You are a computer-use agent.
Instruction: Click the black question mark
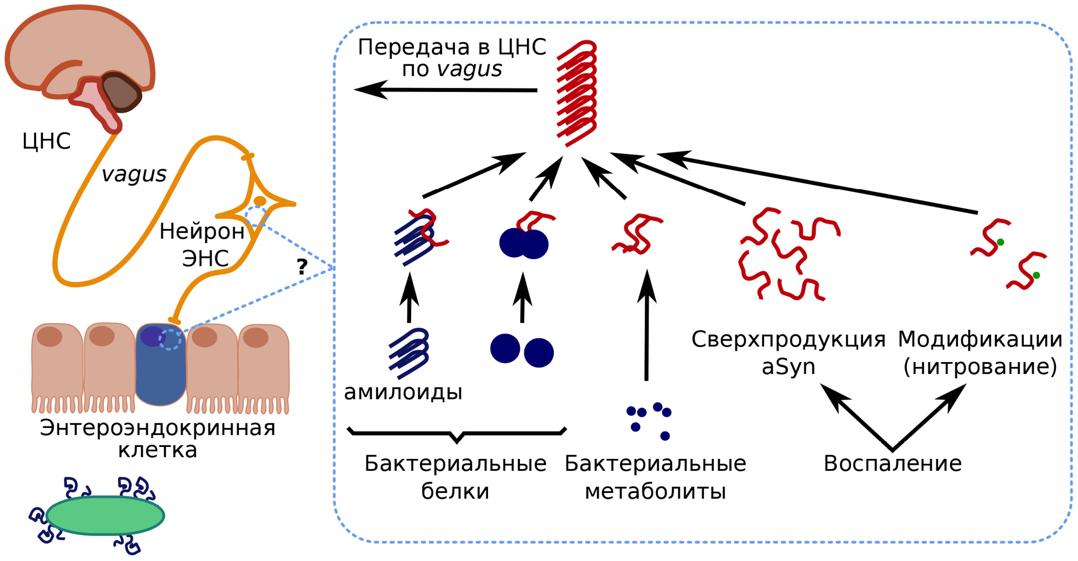pyautogui.click(x=302, y=266)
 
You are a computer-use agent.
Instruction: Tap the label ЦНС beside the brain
pyautogui.click(x=46, y=141)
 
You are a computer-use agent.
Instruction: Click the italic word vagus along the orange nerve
pyautogui.click(x=134, y=174)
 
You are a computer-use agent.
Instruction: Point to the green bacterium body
pyautogui.click(x=105, y=516)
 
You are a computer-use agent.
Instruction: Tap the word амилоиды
pyautogui.click(x=403, y=392)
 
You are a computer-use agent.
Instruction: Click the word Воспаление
pyautogui.click(x=892, y=464)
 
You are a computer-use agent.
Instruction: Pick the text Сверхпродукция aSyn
pyautogui.click(x=788, y=353)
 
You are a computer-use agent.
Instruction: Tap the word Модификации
pyautogui.click(x=980, y=339)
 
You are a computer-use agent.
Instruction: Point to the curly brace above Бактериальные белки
pyautogui.click(x=457, y=433)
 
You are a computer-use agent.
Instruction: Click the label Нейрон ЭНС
pyautogui.click(x=203, y=245)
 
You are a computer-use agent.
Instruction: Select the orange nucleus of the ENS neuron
pyautogui.click(x=260, y=201)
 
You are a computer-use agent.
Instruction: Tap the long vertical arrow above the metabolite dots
pyautogui.click(x=647, y=324)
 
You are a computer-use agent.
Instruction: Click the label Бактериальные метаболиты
pyautogui.click(x=655, y=477)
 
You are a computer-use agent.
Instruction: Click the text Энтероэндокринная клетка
pyautogui.click(x=157, y=438)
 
